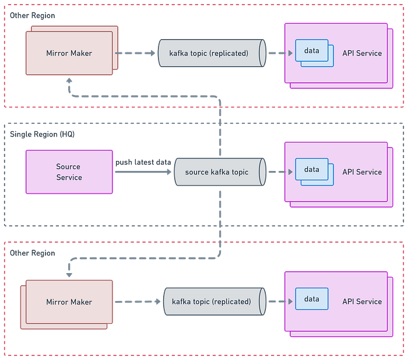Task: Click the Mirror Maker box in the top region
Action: pos(69,53)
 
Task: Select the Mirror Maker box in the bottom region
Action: pos(69,302)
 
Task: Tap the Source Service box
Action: pos(69,172)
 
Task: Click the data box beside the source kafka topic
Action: pos(312,170)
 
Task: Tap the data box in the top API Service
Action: pos(312,51)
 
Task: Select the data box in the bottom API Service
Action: pos(312,299)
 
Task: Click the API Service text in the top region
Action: pos(362,53)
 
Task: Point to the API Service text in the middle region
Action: pos(362,172)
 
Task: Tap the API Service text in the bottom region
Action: pos(362,302)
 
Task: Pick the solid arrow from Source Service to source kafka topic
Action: pos(143,172)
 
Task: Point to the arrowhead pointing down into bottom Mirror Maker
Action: pos(69,272)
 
